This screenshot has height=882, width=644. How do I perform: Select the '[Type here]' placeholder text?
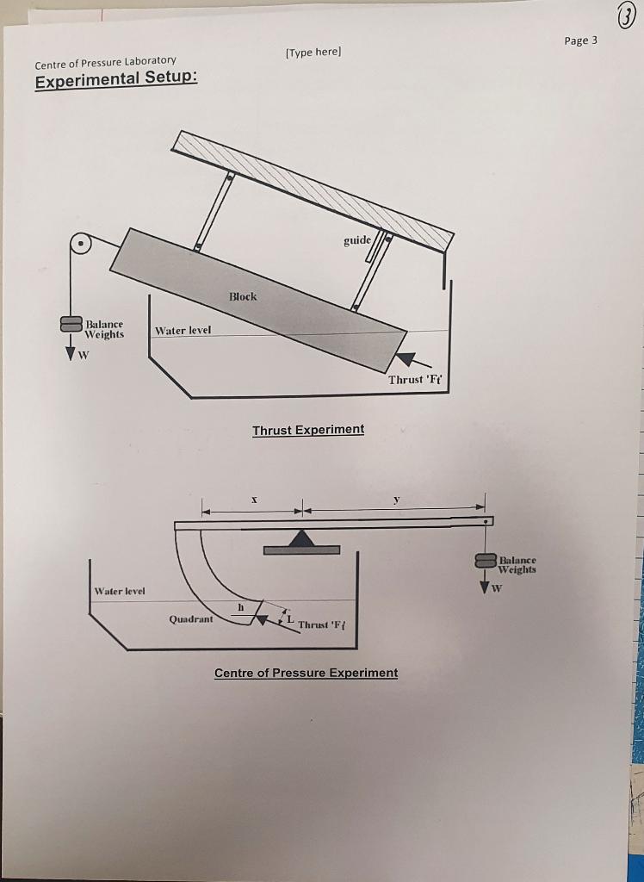(313, 53)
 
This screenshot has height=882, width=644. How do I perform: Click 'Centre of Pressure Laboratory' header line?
(105, 61)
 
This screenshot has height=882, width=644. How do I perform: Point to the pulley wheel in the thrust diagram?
(80, 245)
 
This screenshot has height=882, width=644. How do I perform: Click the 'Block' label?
(243, 296)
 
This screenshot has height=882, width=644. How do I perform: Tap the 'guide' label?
(357, 239)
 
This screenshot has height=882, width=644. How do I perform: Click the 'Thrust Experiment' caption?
(308, 429)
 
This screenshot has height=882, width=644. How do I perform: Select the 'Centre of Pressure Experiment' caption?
(306, 672)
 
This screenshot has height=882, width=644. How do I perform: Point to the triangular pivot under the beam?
(300, 539)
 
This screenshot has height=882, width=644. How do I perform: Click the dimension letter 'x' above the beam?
(253, 499)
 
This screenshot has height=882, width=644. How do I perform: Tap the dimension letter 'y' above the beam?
(395, 498)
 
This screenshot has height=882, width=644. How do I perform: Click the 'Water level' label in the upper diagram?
(183, 331)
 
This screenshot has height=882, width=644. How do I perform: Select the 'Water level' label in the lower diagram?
(120, 591)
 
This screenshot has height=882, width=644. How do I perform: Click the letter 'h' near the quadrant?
(240, 607)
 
